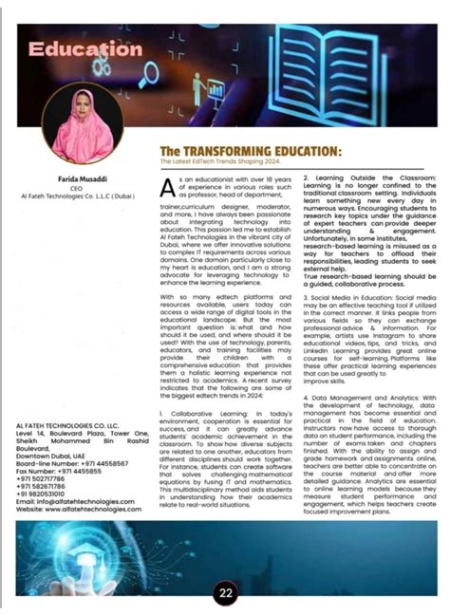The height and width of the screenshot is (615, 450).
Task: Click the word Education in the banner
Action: pos(84,48)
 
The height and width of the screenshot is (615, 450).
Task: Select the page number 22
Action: pos(225,595)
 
